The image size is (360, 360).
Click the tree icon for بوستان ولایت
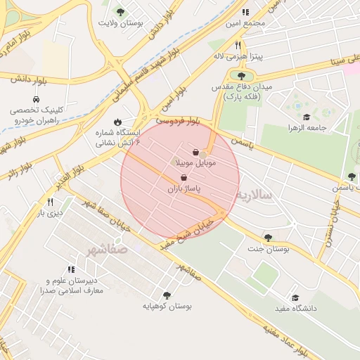120,12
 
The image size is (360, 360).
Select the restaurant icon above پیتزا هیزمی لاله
238,44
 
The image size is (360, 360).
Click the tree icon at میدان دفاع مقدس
242,76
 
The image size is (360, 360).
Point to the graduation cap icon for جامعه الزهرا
307,117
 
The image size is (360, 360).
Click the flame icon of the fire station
117,121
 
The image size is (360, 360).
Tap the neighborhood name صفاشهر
108,249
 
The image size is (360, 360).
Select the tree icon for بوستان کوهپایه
167,295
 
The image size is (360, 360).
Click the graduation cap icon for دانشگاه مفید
295,298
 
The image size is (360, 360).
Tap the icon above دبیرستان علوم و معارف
71,269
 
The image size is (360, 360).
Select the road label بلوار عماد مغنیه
285,337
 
